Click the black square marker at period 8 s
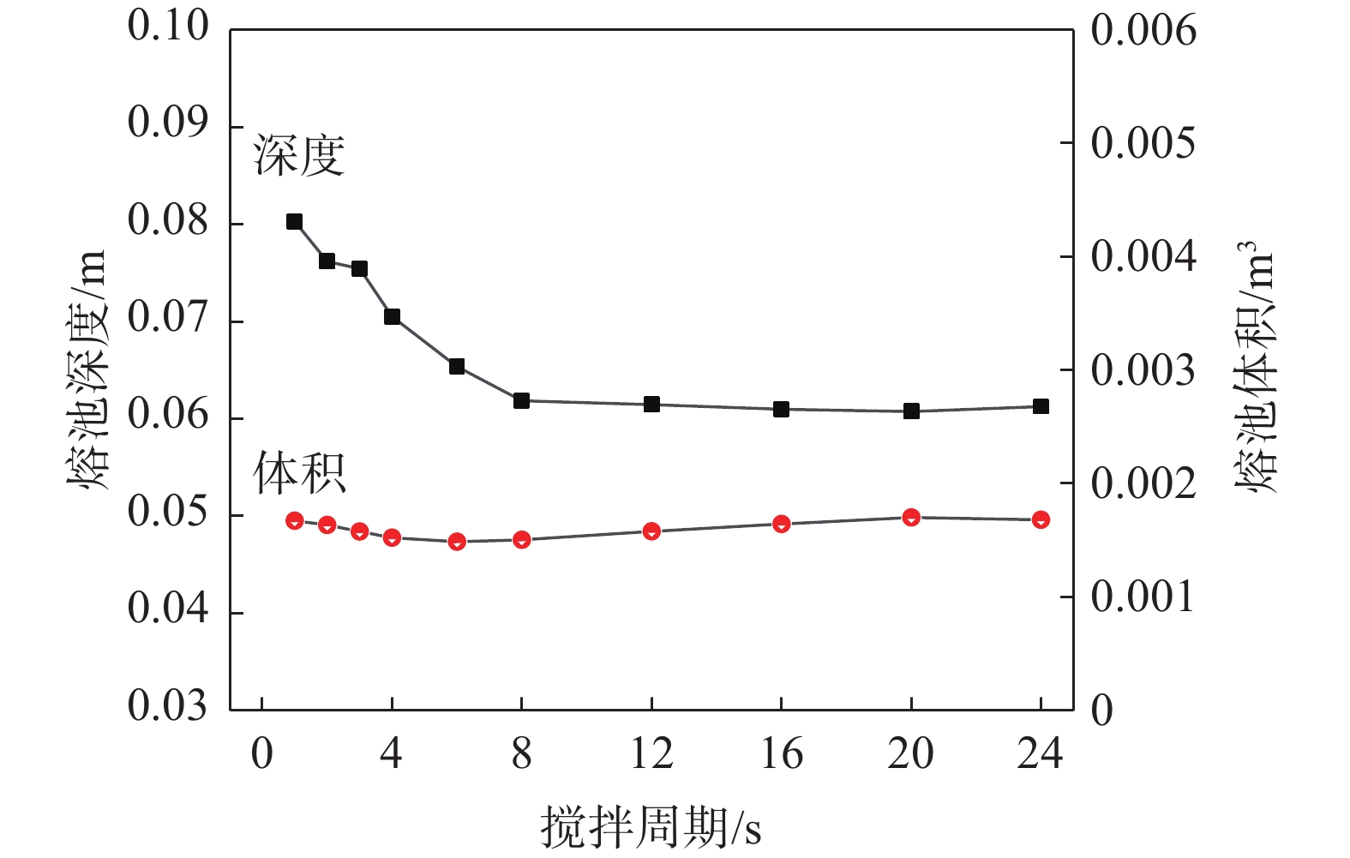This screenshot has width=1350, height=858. click(x=521, y=400)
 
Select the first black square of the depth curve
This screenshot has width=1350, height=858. click(x=294, y=222)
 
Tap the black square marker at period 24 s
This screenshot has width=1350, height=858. click(x=1041, y=406)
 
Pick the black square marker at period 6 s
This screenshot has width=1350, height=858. click(x=457, y=367)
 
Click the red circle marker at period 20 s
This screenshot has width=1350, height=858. click(x=911, y=517)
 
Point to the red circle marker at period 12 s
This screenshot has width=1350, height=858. click(x=651, y=531)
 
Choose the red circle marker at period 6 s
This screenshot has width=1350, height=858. click(x=457, y=542)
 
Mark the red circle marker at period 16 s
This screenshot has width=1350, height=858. click(x=781, y=524)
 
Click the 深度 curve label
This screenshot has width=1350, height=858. click(x=299, y=156)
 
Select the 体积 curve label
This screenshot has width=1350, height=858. click(x=299, y=473)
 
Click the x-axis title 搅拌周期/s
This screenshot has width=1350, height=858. click(x=651, y=828)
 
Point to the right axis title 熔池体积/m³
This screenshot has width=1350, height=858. click(x=1255, y=367)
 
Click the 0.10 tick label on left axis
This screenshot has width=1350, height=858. click(x=168, y=26)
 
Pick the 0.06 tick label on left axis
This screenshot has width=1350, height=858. click(x=168, y=415)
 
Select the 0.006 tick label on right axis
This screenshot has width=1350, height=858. click(x=1143, y=31)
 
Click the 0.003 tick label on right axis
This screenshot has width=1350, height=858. click(x=1143, y=371)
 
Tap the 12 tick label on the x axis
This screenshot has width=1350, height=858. click(x=651, y=754)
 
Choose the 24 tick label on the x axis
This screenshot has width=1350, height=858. click(x=1040, y=754)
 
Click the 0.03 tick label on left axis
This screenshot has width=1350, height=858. click(x=168, y=706)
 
